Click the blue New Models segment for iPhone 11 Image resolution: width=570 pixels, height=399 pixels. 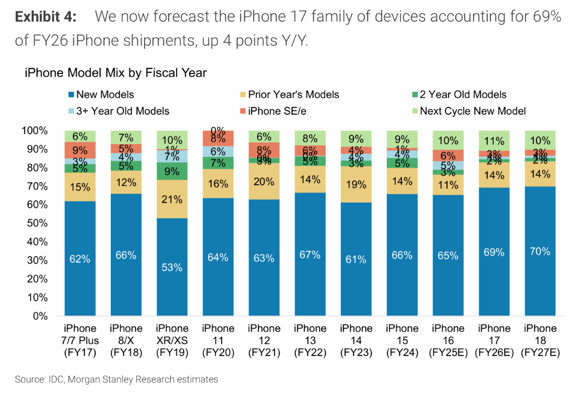218,257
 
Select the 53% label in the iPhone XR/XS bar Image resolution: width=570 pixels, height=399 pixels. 172,268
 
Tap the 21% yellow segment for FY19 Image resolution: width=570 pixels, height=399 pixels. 172,199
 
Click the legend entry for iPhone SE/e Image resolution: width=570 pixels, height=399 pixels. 272,111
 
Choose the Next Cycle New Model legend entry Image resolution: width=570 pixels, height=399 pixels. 468,111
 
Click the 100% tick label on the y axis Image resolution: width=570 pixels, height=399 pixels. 34,131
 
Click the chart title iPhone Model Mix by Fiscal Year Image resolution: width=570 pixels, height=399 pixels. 115,73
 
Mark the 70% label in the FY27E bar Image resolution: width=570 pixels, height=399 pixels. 539,252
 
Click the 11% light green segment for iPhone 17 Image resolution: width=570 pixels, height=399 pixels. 494,140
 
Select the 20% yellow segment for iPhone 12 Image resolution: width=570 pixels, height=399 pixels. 264,181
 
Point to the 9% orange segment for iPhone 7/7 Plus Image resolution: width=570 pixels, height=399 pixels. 80,150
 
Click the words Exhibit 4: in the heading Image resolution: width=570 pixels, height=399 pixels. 45,17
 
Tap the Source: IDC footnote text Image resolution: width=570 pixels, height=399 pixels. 116,380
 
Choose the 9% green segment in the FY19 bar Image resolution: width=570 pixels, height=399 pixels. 172,171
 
